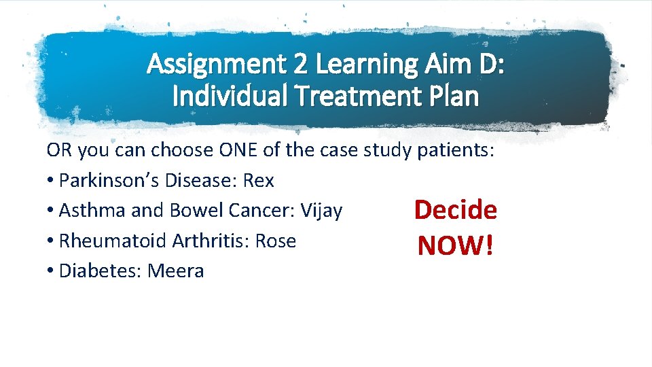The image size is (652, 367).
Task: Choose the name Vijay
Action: coord(320,211)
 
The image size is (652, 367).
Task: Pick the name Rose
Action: coord(276,241)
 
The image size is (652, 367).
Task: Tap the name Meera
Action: coord(176,271)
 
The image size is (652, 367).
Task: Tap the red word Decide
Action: coord(456,210)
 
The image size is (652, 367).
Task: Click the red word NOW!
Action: coord(456,245)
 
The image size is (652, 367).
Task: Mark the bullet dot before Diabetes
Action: coord(51,272)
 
